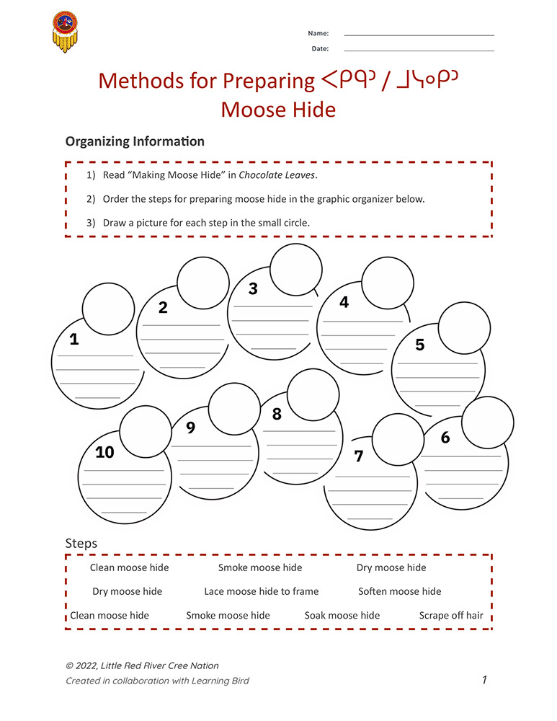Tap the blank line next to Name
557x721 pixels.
click(x=419, y=35)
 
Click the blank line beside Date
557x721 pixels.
click(x=419, y=50)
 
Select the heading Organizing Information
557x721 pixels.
click(x=135, y=142)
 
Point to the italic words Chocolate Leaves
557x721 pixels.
click(x=277, y=175)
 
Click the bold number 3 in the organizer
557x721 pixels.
click(x=253, y=289)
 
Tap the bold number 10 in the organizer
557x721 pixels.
click(x=104, y=452)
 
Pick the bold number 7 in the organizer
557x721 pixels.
click(x=359, y=456)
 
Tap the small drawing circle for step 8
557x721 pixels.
click(x=313, y=395)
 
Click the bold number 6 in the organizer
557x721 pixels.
click(x=445, y=438)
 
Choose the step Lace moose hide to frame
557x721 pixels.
click(x=261, y=591)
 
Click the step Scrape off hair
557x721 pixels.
click(x=451, y=616)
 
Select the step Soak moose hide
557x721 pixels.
click(x=342, y=616)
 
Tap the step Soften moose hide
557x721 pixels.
click(x=399, y=591)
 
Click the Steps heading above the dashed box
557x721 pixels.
click(x=81, y=544)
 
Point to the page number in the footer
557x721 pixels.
click(x=485, y=680)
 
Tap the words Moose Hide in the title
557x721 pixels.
click(x=278, y=110)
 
